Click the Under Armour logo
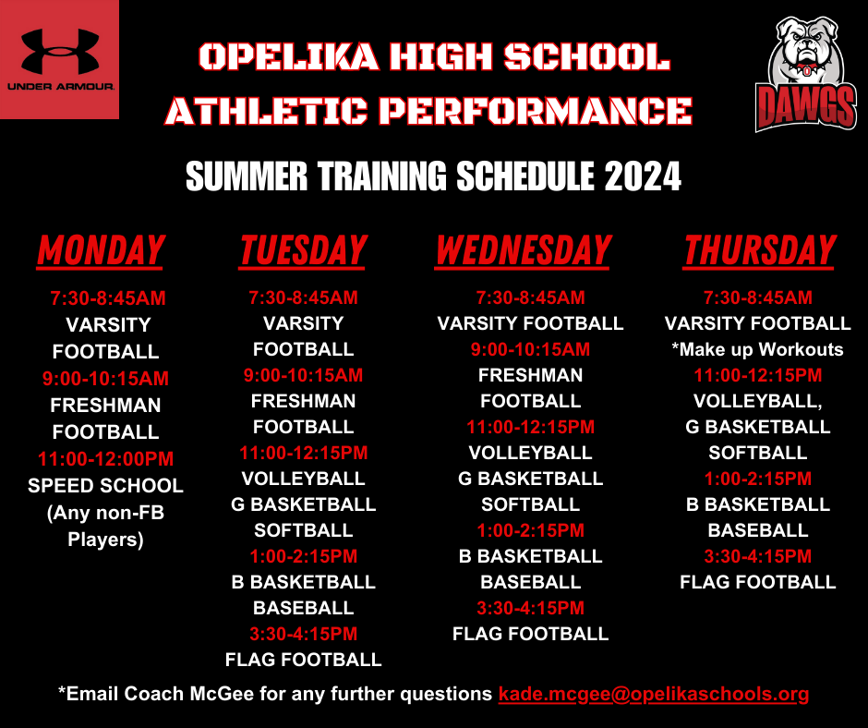point(59,58)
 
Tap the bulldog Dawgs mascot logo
point(806,73)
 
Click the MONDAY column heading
point(101,250)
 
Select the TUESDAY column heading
point(303,250)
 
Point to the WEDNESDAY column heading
point(523,250)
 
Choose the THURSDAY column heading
point(759,250)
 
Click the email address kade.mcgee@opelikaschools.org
point(654,694)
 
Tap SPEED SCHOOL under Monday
point(105,486)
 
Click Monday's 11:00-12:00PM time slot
point(105,458)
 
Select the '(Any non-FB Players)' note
point(105,527)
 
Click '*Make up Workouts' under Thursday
point(757,349)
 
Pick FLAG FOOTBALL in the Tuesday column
point(303,660)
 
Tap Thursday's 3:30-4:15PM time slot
point(757,556)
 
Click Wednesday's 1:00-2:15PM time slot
point(530,530)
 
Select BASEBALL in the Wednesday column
point(530,582)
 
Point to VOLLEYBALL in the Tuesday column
point(303,479)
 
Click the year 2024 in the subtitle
point(643,175)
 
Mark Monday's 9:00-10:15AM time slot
point(105,379)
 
